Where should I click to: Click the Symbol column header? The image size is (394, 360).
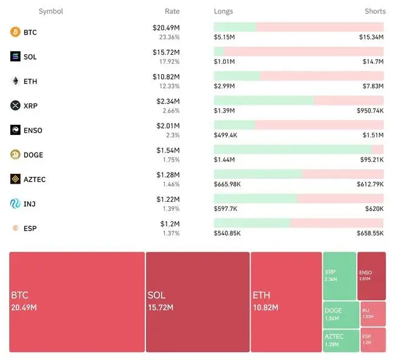[50, 12]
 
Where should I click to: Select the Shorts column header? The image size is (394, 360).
[375, 12]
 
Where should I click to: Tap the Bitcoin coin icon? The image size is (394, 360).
[15, 32]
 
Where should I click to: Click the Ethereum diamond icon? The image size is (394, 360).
[15, 81]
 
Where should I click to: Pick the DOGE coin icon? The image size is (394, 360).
[15, 154]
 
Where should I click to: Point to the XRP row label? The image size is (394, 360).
[30, 106]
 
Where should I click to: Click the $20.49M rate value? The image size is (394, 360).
[166, 28]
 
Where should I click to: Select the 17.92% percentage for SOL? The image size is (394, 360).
[169, 61]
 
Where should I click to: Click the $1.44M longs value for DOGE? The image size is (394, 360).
[224, 160]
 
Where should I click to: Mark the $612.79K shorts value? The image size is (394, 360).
[370, 184]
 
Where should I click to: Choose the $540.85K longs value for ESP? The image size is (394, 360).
[227, 233]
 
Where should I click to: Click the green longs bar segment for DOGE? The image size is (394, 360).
[292, 150]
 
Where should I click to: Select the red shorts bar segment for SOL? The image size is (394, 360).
[304, 52]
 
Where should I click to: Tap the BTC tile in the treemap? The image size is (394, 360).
[77, 302]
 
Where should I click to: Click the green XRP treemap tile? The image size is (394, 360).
[339, 275]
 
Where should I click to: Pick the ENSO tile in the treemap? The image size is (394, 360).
[371, 275]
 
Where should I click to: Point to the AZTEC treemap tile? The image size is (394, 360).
[339, 340]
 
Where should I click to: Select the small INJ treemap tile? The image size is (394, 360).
[372, 314]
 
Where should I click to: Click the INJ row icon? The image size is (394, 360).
[15, 204]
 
